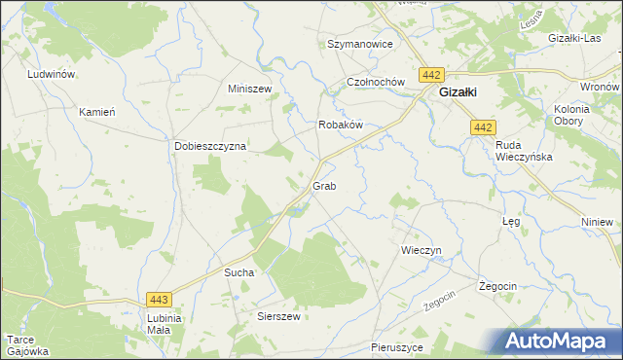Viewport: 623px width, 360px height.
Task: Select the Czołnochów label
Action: coord(375,83)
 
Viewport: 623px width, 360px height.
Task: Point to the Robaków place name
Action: coord(341,126)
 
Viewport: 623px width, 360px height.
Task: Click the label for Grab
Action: coord(324,185)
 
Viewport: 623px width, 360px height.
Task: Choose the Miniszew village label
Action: coord(248,89)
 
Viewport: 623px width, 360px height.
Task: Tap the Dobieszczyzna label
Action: coord(210,146)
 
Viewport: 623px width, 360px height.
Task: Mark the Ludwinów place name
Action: coord(53,74)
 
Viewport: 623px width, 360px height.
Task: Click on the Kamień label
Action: coord(97,112)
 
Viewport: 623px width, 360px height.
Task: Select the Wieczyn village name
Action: coord(421,250)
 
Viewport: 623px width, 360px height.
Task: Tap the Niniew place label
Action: coord(597,222)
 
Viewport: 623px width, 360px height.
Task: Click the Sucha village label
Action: coord(239,273)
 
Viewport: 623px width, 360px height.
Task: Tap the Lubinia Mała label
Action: coord(160,324)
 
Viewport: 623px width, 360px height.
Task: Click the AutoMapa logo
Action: coord(560,340)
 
